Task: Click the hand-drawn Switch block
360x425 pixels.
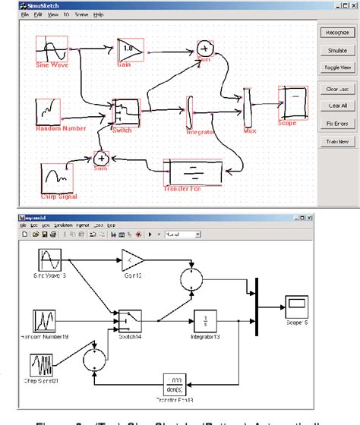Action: click(x=124, y=112)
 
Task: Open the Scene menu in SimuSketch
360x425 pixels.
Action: click(x=81, y=14)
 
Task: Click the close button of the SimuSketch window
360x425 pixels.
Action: click(x=354, y=5)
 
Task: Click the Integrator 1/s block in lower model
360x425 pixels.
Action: click(x=203, y=320)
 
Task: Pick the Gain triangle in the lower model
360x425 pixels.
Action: click(x=133, y=260)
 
